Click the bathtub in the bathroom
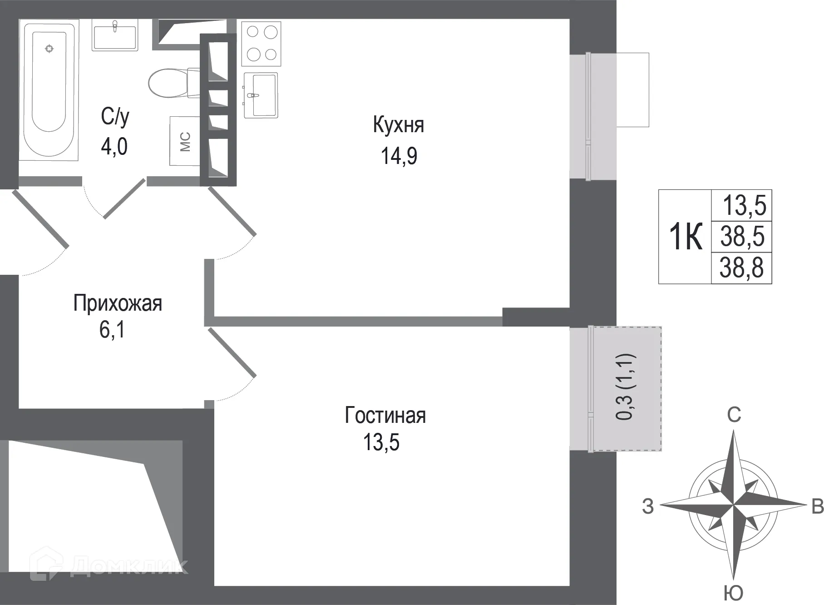(49, 91)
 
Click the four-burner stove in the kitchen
(262, 43)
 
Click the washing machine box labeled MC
(185, 141)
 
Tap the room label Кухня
(398, 125)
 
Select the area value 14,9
(399, 156)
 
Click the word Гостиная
(385, 415)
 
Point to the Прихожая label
(118, 303)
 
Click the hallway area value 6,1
(112, 330)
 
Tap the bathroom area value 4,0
(114, 147)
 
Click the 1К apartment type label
(686, 237)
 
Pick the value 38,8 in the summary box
(741, 268)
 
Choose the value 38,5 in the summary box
(742, 237)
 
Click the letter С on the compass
(734, 415)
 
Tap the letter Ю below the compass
(733, 593)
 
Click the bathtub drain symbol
(49, 48)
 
